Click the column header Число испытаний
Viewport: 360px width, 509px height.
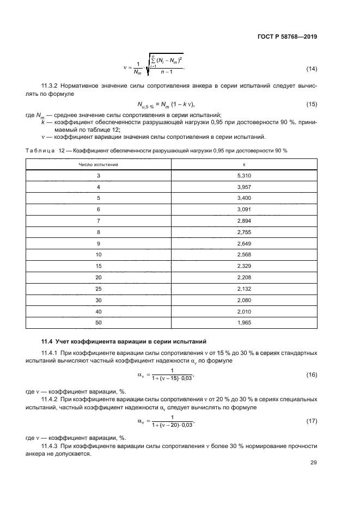click(99, 163)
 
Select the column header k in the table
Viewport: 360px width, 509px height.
click(244, 163)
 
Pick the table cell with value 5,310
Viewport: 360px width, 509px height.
click(244, 175)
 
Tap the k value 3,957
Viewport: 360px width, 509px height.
click(244, 187)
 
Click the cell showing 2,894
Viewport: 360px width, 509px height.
click(244, 220)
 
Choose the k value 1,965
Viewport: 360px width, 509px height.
click(244, 323)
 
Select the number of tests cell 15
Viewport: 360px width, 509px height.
click(99, 266)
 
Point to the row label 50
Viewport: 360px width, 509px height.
click(99, 323)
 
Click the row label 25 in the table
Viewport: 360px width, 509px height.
click(99, 289)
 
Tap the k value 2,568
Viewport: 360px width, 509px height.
click(244, 254)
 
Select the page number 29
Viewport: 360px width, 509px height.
click(313, 463)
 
